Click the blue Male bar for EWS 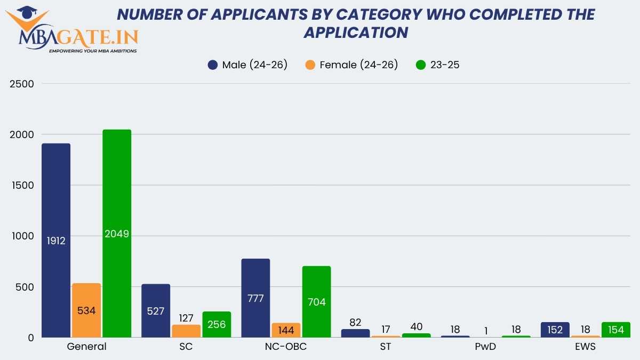555,330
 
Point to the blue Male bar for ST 355,333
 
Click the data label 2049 117,234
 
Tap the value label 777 255,298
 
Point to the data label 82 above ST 355,322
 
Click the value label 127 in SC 186,318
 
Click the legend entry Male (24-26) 248,65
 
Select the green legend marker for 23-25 421,65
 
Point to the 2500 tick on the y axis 22,84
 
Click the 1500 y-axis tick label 22,185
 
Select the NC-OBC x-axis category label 286,346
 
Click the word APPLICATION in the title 356,32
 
